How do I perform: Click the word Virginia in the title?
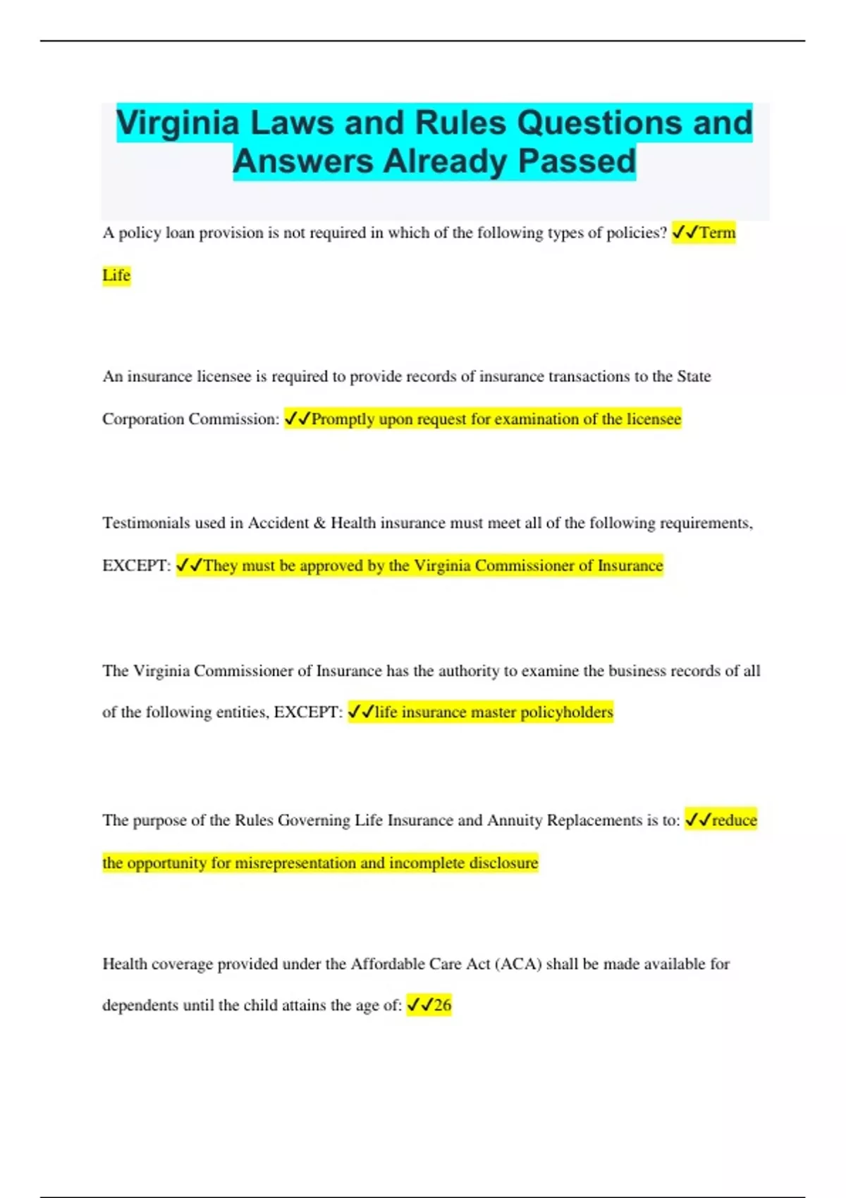(x=178, y=123)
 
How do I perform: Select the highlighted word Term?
(x=717, y=233)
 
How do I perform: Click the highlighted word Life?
(x=116, y=276)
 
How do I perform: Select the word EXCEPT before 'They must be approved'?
(x=135, y=566)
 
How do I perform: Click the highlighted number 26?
(x=442, y=1006)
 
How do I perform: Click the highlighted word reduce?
(x=734, y=820)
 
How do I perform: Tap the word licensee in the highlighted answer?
(x=654, y=419)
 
